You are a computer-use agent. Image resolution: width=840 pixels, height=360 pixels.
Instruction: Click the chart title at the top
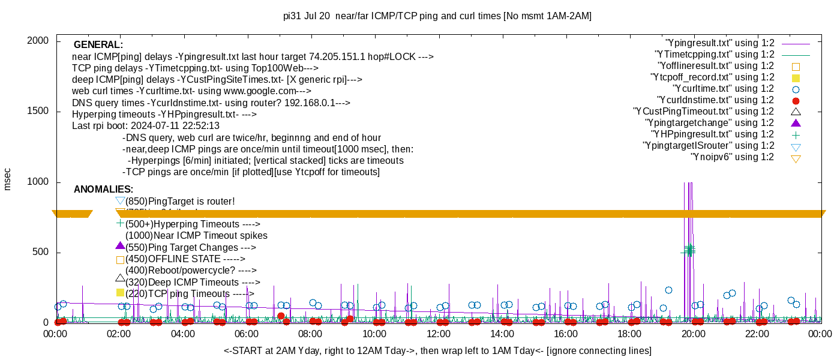(x=437, y=16)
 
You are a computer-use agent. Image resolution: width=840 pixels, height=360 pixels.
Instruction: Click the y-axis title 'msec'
(x=7, y=179)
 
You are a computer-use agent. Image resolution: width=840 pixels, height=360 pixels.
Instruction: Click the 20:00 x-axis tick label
(x=693, y=334)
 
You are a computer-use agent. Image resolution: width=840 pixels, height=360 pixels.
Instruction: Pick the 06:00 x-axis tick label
(x=247, y=334)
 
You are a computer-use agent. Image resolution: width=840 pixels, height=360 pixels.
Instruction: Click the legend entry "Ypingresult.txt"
(x=720, y=43)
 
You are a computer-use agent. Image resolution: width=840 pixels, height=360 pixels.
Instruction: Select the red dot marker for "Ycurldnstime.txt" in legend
(x=796, y=100)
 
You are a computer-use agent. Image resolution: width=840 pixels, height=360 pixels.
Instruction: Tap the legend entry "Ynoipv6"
(x=732, y=157)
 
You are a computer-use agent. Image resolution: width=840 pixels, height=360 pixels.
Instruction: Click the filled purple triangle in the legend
(x=796, y=123)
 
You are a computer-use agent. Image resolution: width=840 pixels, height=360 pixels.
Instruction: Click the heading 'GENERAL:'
(x=98, y=45)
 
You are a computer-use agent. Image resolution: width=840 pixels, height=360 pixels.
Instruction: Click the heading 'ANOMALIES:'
(x=103, y=190)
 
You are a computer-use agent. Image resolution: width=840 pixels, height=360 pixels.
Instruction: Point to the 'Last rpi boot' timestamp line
(x=146, y=126)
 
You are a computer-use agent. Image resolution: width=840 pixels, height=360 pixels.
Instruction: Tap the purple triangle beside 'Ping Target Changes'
(x=120, y=246)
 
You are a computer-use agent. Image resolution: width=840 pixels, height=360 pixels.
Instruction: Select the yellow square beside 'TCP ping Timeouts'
(x=120, y=293)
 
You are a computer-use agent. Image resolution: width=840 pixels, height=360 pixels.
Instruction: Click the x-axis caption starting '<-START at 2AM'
(x=437, y=350)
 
